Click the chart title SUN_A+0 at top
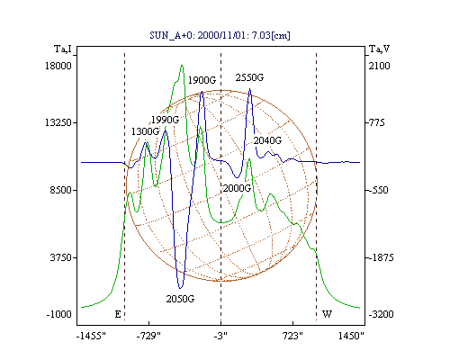[x=220, y=35]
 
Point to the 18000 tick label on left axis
[x=58, y=66]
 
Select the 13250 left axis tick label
[x=58, y=122]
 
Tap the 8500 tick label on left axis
[x=60, y=190]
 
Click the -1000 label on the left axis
[x=58, y=314]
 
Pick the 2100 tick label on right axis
[x=380, y=66]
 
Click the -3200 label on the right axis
[x=381, y=314]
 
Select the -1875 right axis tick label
[x=381, y=257]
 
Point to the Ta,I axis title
[x=63, y=49]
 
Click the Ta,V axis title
[x=379, y=49]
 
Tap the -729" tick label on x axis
[x=148, y=336]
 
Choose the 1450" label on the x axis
[x=351, y=336]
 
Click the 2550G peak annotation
[x=249, y=77]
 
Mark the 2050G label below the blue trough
[x=180, y=299]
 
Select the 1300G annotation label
[x=145, y=131]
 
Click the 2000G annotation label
[x=237, y=188]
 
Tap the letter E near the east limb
[x=118, y=314]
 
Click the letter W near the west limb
[x=327, y=314]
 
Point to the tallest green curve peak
[x=182, y=66]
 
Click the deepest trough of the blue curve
[x=180, y=288]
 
